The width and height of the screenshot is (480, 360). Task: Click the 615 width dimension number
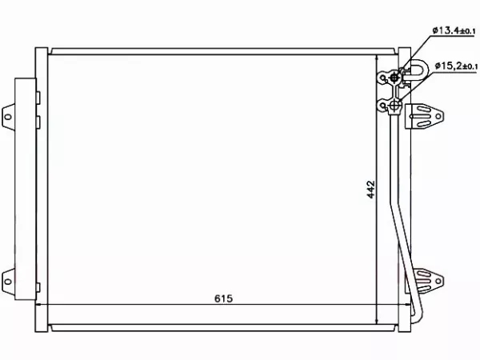(223, 298)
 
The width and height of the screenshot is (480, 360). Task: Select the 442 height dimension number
(370, 190)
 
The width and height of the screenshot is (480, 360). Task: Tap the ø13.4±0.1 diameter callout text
(454, 30)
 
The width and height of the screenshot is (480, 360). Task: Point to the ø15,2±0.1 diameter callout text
(456, 66)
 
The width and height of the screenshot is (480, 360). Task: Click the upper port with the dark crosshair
(394, 78)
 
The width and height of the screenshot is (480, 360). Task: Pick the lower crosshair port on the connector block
(395, 106)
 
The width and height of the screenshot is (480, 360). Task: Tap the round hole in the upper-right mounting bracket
(439, 116)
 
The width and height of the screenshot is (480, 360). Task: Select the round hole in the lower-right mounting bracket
(438, 281)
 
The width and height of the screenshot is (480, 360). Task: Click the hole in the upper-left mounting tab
(8, 117)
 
